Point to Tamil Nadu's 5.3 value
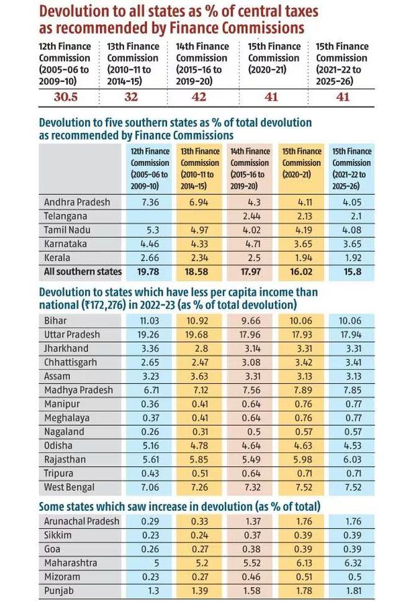click(x=149, y=230)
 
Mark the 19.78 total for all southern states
click(x=149, y=271)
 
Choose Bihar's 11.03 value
click(x=149, y=321)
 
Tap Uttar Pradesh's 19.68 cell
click(x=200, y=334)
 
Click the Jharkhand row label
click(x=66, y=348)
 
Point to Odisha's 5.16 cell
click(x=149, y=445)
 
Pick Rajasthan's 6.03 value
click(x=351, y=458)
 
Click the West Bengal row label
click(x=70, y=486)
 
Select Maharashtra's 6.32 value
click(x=351, y=563)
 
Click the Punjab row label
click(x=58, y=590)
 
